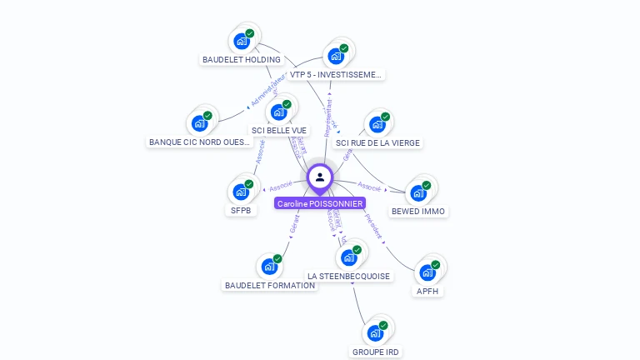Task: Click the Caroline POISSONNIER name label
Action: click(x=320, y=203)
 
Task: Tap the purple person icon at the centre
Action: click(x=320, y=177)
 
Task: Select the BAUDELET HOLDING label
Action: click(x=242, y=60)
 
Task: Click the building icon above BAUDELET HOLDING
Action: click(x=242, y=40)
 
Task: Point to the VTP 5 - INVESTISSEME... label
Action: click(x=336, y=75)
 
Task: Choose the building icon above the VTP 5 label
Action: click(x=336, y=56)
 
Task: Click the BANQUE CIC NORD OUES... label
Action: click(x=200, y=142)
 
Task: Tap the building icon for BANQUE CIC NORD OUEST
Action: click(x=200, y=123)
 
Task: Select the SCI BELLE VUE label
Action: click(x=279, y=131)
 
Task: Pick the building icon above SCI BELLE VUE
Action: click(x=278, y=112)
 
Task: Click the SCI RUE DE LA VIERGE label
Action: click(x=377, y=143)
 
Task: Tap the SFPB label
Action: click(x=241, y=210)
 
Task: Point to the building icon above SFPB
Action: click(x=241, y=191)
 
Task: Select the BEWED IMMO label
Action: click(x=418, y=212)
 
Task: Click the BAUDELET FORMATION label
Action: click(x=270, y=285)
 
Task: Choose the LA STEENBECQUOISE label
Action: click(x=348, y=276)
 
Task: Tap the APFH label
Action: click(x=427, y=292)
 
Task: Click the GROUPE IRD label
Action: click(x=376, y=352)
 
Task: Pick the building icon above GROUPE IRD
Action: click(x=376, y=332)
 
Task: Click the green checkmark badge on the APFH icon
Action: click(x=435, y=265)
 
